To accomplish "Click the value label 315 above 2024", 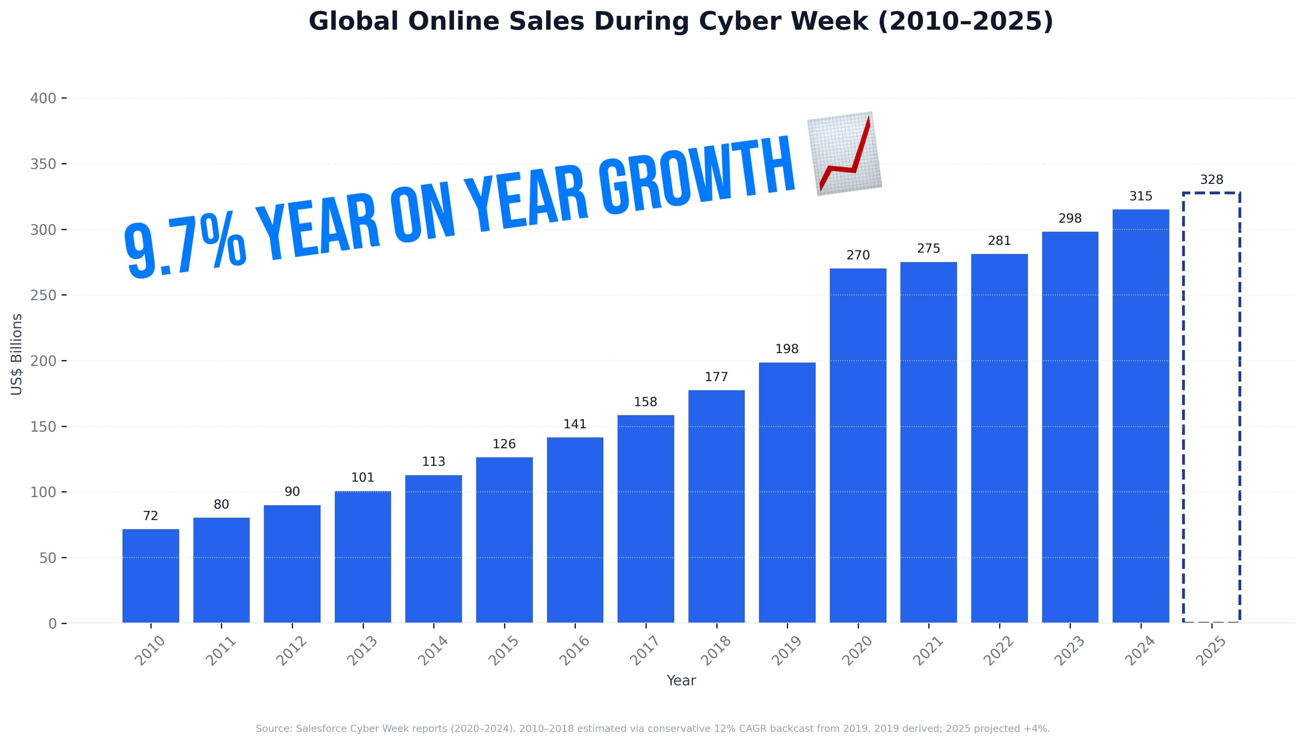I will pos(1140,196).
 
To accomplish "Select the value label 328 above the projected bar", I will pos(1212,180).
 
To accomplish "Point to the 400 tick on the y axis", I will pos(44,98).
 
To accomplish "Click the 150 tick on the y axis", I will pos(44,427).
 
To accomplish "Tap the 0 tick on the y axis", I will pos(53,623).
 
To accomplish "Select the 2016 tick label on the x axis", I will pos(574,651).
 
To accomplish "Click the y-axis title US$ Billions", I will pos(17,354).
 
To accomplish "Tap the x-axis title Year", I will pos(681,681).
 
